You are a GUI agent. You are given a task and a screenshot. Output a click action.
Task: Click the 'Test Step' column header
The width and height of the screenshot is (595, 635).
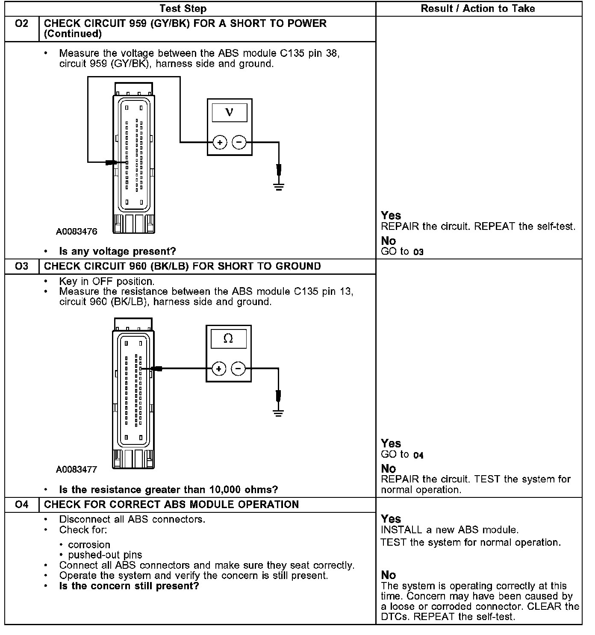[x=183, y=9]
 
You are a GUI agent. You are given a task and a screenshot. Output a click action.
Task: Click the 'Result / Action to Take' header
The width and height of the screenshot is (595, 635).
[x=478, y=9]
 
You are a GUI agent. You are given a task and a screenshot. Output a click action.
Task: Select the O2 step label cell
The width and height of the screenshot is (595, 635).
[x=21, y=24]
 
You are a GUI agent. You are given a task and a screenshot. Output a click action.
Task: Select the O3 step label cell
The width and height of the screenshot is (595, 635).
[x=21, y=266]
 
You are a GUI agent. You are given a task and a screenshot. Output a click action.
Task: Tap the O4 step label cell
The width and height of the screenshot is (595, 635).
[x=21, y=505]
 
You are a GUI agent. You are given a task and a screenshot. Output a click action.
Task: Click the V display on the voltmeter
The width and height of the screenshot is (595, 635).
[x=230, y=112]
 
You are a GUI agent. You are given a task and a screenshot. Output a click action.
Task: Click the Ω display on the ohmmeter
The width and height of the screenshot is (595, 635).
[x=228, y=339]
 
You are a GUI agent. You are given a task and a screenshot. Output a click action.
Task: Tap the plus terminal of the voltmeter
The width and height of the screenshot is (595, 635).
[x=220, y=142]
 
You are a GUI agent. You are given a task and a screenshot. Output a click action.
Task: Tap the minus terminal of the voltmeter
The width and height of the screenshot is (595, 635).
[x=239, y=142]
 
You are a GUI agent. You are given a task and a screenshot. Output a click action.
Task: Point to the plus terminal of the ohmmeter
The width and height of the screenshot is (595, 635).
[x=219, y=368]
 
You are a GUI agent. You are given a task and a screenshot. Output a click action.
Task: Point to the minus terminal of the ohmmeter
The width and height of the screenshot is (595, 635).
[x=238, y=368]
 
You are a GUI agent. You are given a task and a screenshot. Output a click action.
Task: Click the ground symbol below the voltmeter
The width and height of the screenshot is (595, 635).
[x=279, y=186]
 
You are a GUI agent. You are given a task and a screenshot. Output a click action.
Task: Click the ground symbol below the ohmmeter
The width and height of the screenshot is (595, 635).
[x=278, y=413]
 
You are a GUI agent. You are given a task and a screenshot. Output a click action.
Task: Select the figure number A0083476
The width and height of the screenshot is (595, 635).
[x=77, y=232]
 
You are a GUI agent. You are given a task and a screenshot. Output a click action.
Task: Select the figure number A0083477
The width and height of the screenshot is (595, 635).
[x=77, y=469]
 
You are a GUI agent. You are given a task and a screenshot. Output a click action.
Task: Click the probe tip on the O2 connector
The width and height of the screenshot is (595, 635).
[x=112, y=162]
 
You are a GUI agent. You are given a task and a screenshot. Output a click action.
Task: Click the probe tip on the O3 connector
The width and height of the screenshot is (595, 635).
[x=156, y=368]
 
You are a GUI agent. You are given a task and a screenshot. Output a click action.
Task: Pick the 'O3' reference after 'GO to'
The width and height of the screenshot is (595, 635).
[x=418, y=252]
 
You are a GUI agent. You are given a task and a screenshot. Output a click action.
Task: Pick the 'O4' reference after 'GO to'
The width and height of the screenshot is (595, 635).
[x=418, y=456]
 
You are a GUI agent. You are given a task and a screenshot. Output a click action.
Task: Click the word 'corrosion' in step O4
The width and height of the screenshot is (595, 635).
[x=89, y=545]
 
